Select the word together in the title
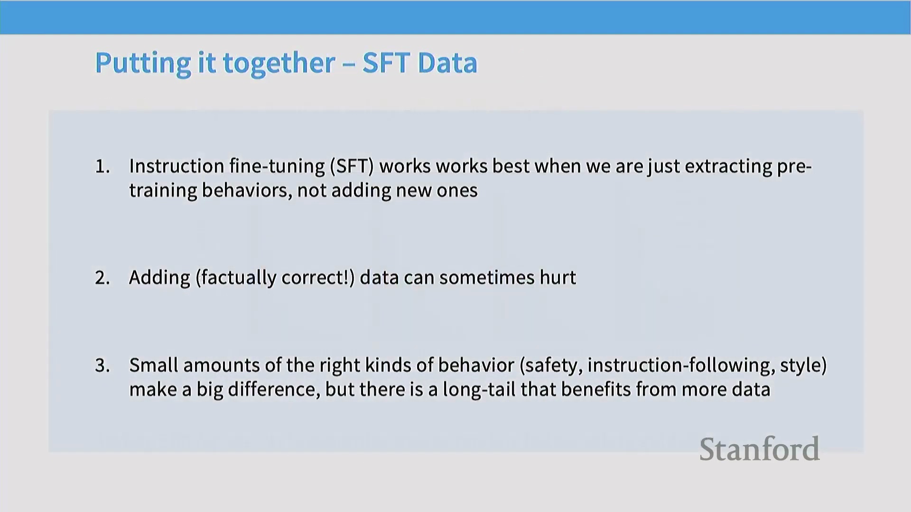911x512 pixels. coord(279,63)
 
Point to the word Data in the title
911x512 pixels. coord(447,63)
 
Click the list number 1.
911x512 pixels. coord(102,166)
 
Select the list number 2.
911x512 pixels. coord(102,278)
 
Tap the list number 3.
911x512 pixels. coord(102,366)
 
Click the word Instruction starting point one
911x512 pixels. coord(177,166)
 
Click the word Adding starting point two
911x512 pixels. coord(159,278)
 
